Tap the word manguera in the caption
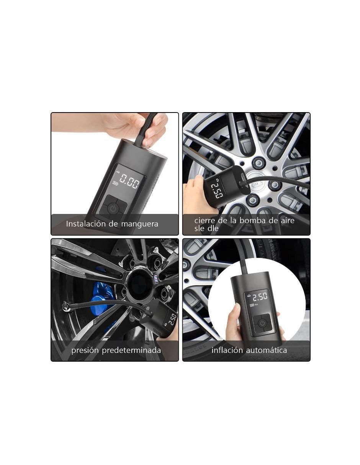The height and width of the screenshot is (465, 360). tap(139, 225)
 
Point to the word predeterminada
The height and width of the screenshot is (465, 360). tap(131, 350)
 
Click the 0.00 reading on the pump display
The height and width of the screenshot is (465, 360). tap(129, 181)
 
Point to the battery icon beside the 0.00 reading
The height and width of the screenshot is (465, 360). tap(115, 183)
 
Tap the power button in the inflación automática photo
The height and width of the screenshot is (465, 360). tap(262, 323)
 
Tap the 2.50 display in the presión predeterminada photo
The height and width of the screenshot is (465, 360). tap(172, 319)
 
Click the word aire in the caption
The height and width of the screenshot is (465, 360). tap(288, 220)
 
